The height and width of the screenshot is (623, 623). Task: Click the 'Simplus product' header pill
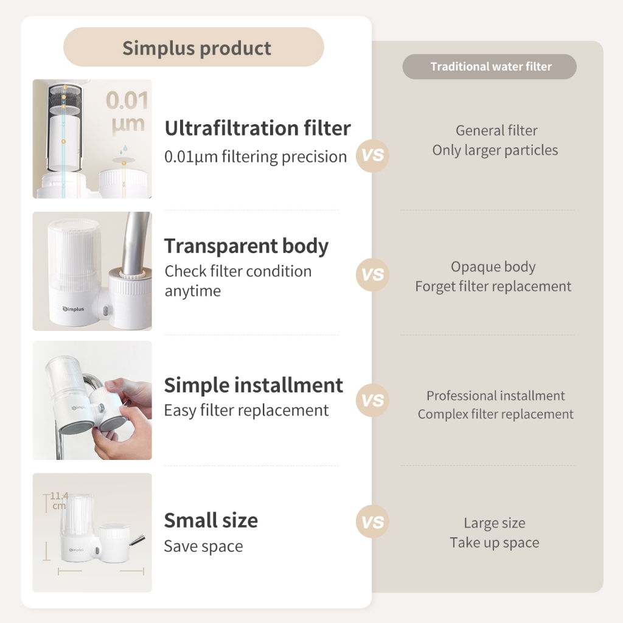pos(193,47)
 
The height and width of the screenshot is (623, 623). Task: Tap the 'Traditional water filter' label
pos(491,66)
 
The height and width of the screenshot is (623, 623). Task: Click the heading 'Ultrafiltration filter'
pos(258,128)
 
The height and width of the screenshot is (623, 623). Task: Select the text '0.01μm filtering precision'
pos(256,156)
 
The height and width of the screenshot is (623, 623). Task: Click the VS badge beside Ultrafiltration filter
pos(372,155)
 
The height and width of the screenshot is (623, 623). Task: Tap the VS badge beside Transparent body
pos(372,274)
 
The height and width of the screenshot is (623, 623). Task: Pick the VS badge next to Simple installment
pos(372,400)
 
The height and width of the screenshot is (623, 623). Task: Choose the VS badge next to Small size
pos(372,521)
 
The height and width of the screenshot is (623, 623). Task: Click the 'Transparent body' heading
pos(246,246)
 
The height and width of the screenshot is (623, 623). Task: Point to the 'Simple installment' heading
pos(254,385)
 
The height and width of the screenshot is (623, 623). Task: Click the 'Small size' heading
pos(211,520)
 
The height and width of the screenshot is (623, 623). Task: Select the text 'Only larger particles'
pos(495,150)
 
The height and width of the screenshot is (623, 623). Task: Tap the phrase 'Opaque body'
pos(493,266)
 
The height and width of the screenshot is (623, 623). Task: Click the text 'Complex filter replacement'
pos(495,414)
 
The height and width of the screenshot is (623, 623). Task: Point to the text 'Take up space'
pos(495,543)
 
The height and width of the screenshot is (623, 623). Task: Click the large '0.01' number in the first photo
pos(127,100)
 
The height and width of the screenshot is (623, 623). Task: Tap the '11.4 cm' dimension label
pos(59,501)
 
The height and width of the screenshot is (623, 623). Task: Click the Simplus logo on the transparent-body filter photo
pos(74,309)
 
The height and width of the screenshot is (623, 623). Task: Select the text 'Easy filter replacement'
pos(246,411)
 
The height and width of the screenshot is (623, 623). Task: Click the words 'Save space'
pos(203,546)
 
